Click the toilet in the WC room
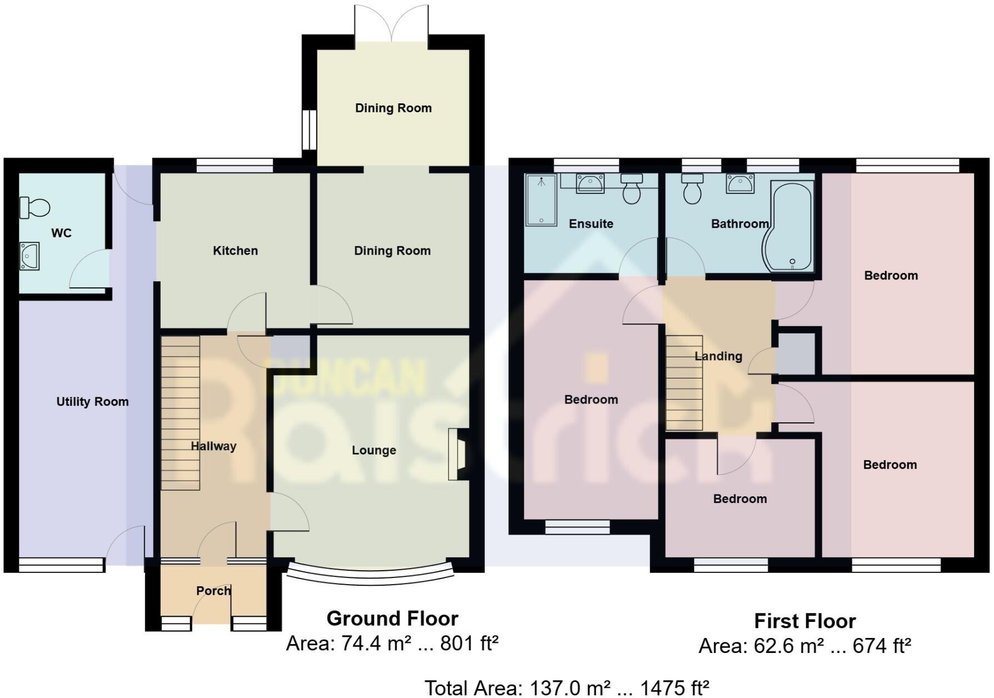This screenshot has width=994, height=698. tap(34, 208)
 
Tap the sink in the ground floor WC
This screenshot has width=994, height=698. tap(29, 256)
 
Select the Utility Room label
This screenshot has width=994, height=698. tap(92, 402)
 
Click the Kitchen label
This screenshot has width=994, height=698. tap(235, 251)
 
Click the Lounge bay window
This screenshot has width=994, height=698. tap(370, 576)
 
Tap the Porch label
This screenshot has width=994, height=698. tap(213, 591)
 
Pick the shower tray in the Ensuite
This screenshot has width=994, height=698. tap(541, 200)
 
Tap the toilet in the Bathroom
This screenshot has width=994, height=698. tap(692, 189)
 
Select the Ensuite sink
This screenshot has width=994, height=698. tap(590, 183)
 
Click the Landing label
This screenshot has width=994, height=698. tap(718, 356)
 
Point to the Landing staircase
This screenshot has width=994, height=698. tap(684, 383)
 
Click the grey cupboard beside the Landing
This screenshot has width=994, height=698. tap(796, 353)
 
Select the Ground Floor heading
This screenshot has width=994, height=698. tap(392, 619)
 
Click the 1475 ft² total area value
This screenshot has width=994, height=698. tap(674, 688)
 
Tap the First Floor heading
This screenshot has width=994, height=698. tap(804, 621)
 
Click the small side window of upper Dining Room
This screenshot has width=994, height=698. tap(309, 130)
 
